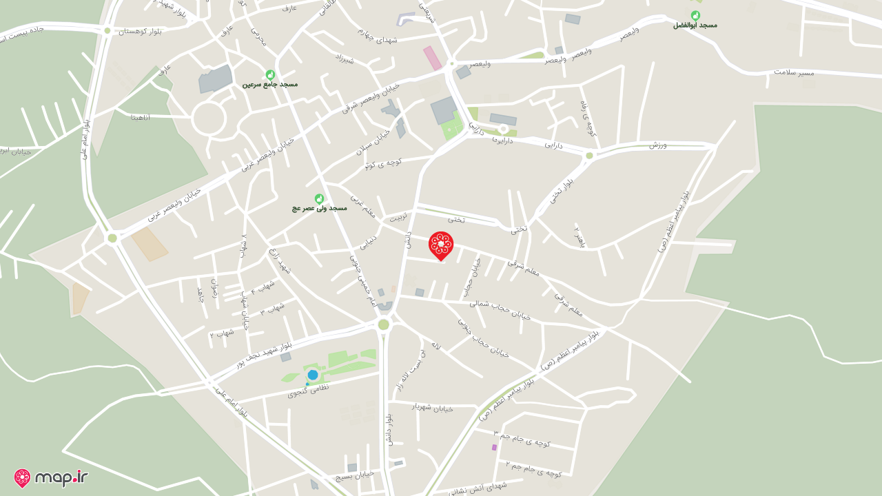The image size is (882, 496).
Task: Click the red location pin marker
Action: point(441,245)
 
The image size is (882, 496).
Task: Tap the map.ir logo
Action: point(51,477)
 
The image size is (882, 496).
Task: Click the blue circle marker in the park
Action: point(313,375)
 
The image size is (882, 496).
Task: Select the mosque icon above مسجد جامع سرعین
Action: point(270,74)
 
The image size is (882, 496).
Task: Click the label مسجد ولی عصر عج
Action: point(319,207)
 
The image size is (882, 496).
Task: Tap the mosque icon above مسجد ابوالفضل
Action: point(695,15)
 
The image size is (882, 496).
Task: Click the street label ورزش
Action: point(657,145)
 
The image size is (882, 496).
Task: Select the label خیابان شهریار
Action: point(433,407)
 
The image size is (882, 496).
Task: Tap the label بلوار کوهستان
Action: point(140,31)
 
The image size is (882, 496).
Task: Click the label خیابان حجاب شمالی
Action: point(500,309)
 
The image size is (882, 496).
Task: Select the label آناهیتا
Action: point(141,117)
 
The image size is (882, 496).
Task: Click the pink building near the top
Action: point(433,58)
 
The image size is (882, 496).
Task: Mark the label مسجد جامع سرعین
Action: point(270,84)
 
